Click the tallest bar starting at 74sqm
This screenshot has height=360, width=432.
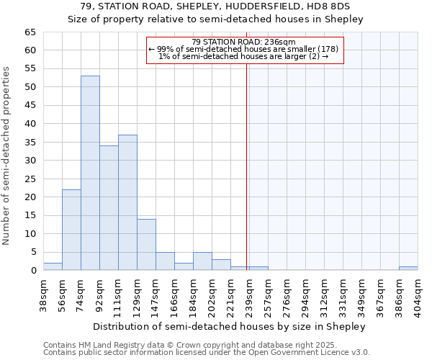[90, 173]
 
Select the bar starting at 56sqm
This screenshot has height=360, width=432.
[71, 230]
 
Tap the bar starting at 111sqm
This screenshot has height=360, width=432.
[127, 202]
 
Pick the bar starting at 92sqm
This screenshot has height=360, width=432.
[109, 208]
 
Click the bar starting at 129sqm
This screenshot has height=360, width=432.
[146, 245]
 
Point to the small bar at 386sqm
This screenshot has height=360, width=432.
[408, 269]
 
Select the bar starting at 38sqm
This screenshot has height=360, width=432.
[53, 266]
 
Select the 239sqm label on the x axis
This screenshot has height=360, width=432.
[250, 293]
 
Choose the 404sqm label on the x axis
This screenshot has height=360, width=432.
[418, 293]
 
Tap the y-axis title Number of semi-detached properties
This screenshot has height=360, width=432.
[6, 156]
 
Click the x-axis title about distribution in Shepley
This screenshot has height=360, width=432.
[230, 326]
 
